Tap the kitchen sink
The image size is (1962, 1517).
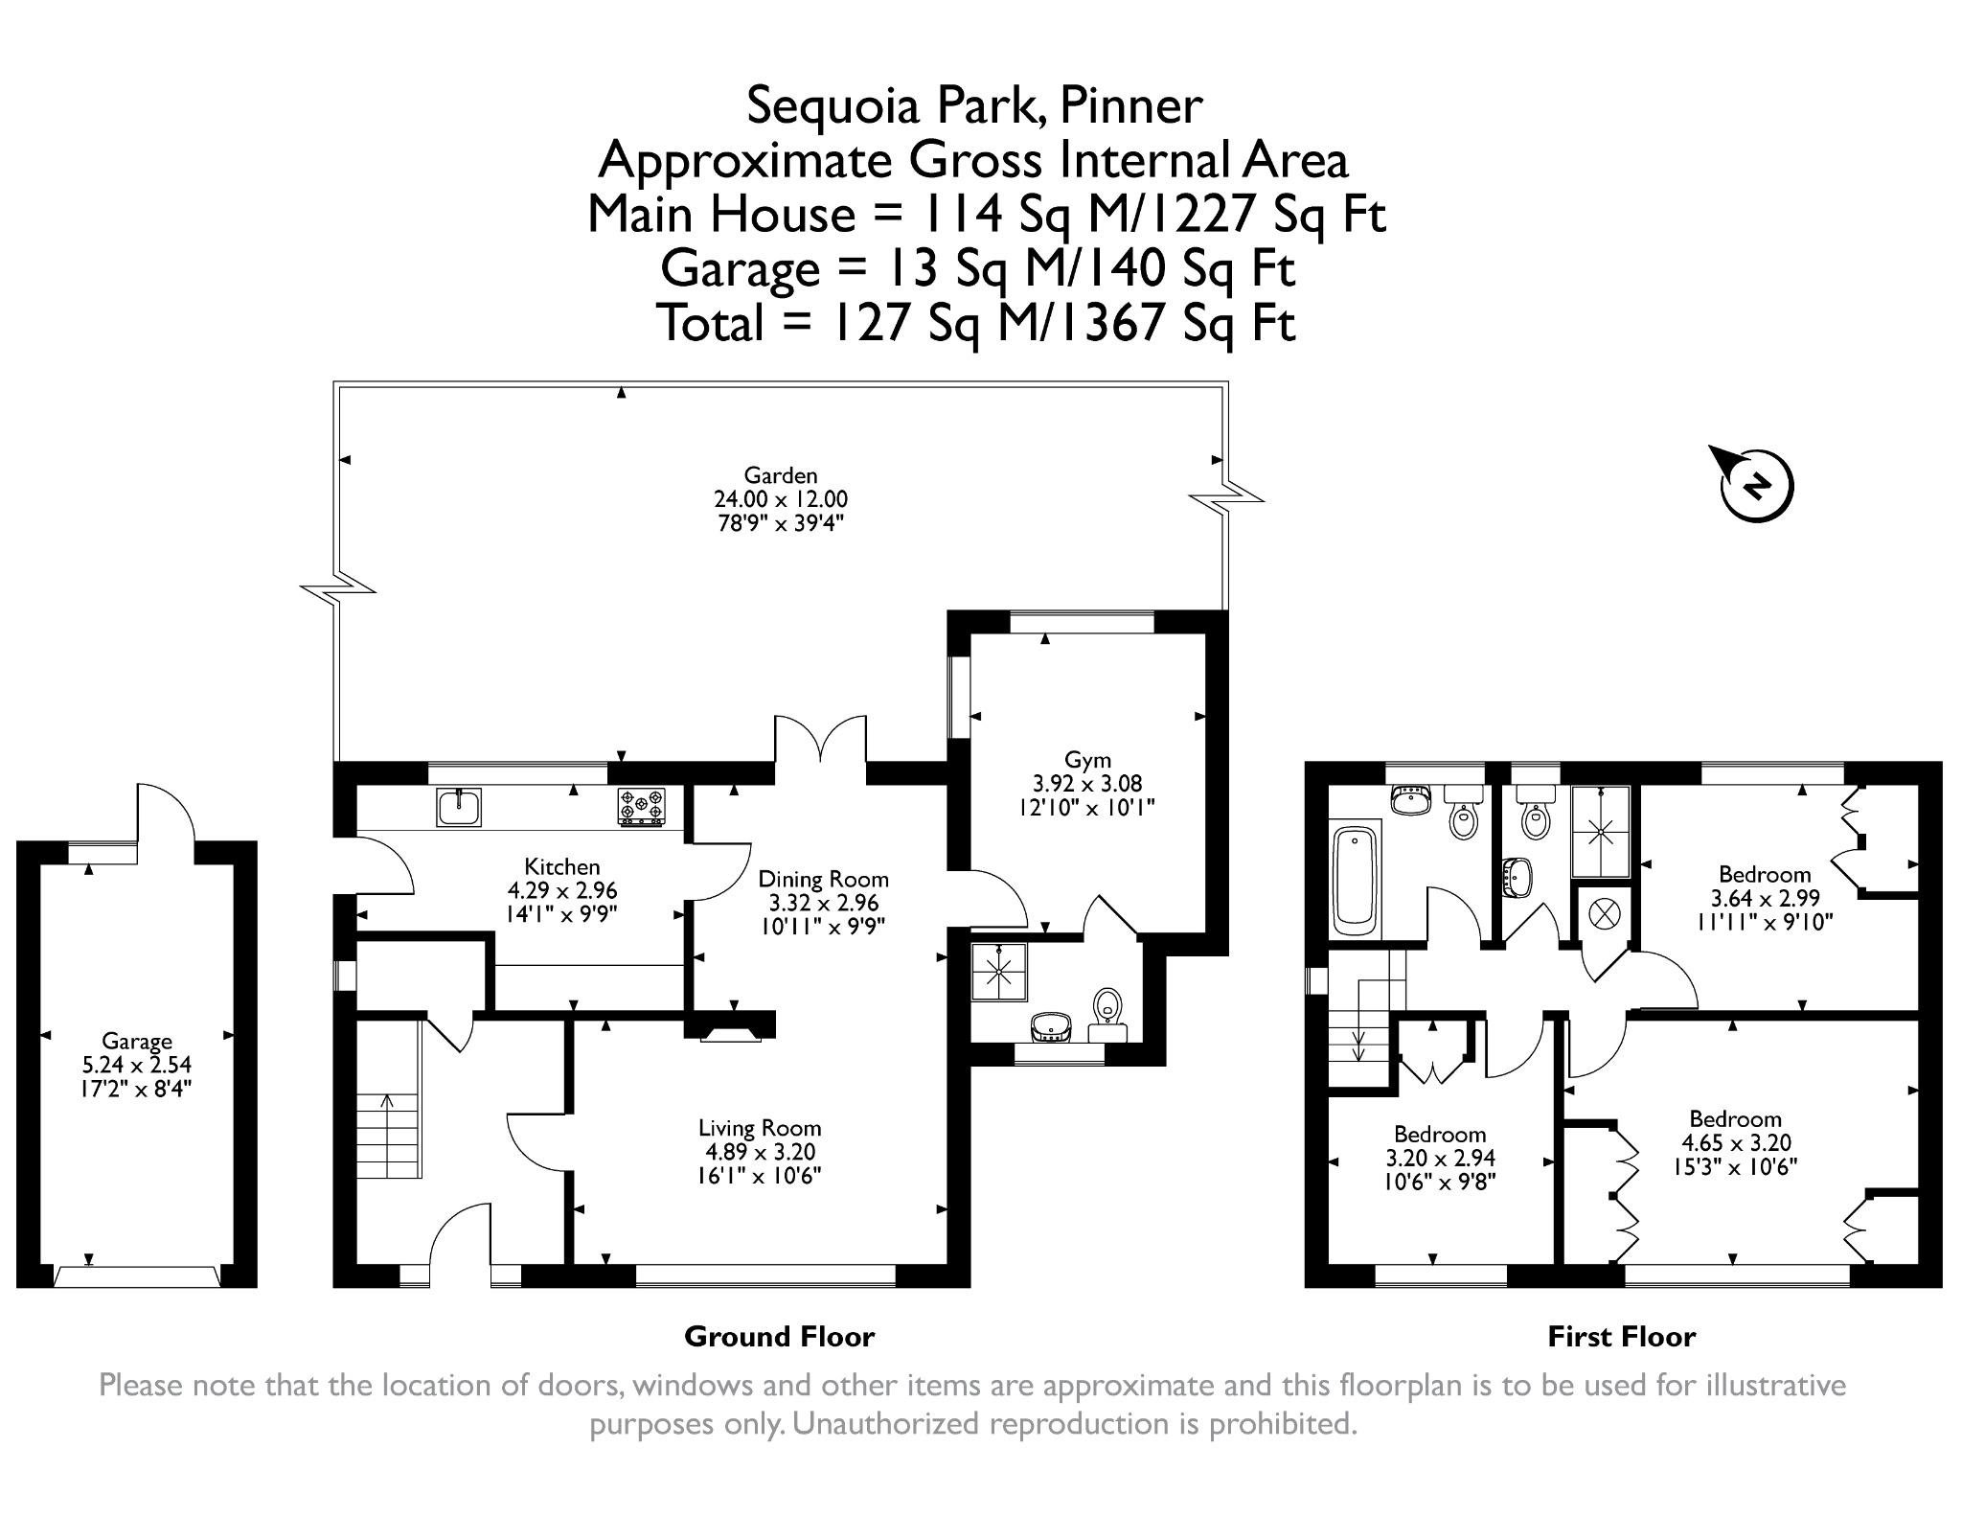tap(459, 807)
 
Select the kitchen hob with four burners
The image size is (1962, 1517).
tap(641, 807)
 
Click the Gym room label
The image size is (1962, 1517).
tap(1087, 762)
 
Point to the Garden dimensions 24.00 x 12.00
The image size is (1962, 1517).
tap(781, 499)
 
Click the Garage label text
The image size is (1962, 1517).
tap(137, 1042)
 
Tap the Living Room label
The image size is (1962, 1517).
tap(760, 1128)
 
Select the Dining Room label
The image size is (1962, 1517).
tap(823, 879)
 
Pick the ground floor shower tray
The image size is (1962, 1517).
tap(1000, 972)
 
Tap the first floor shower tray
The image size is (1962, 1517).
tap(1600, 832)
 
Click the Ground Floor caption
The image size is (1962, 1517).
tap(779, 1337)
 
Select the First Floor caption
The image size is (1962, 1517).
tap(1621, 1337)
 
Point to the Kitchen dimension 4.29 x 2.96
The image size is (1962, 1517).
tap(562, 890)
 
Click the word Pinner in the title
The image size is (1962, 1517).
tap(1130, 105)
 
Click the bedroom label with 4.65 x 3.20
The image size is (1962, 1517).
tap(1735, 1119)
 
